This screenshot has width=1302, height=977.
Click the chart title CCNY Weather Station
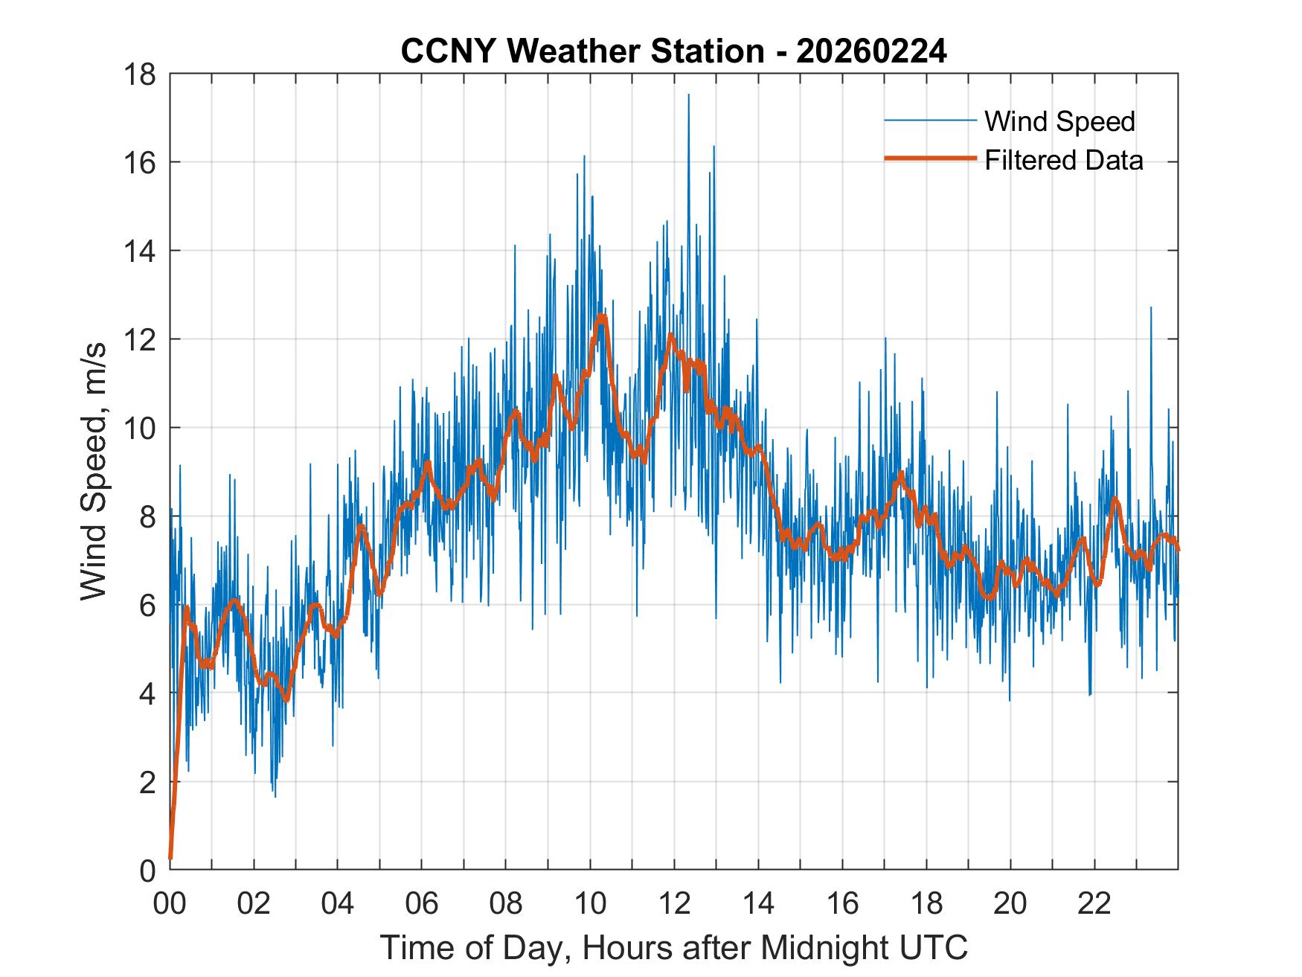coord(582,52)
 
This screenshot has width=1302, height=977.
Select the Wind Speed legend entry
coord(1059,121)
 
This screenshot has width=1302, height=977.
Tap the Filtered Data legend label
coord(1063,160)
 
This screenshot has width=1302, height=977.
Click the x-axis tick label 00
coord(170,903)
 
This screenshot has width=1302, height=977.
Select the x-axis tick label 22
coord(1094,903)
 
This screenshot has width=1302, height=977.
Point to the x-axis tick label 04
coord(338,903)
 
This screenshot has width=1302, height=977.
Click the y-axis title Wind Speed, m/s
coord(94,471)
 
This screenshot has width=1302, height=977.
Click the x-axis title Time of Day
coord(673,948)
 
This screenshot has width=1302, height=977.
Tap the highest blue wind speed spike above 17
coord(688,95)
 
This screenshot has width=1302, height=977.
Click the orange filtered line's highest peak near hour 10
coord(601,318)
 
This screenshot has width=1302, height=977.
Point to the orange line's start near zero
coord(171,857)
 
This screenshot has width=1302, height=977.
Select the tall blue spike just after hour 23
coord(1151,308)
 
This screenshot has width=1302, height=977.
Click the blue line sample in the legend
coord(929,121)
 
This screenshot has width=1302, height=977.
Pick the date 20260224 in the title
coord(871,52)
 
